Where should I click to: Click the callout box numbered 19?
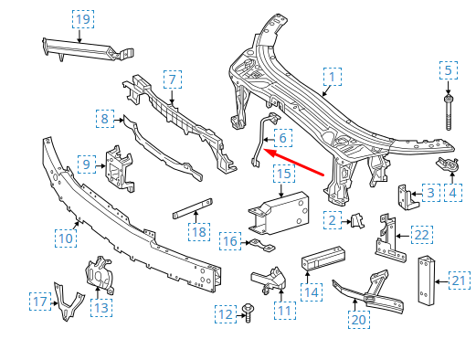[x=82, y=19]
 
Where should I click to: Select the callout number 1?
[x=332, y=77]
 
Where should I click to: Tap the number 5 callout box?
[x=448, y=69]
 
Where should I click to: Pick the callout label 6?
[x=282, y=139]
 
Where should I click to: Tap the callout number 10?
[x=65, y=238]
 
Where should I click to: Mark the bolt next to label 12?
[x=249, y=312]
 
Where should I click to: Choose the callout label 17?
[x=39, y=301]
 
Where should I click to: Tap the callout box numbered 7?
[x=171, y=79]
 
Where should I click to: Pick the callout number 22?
[x=420, y=235]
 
